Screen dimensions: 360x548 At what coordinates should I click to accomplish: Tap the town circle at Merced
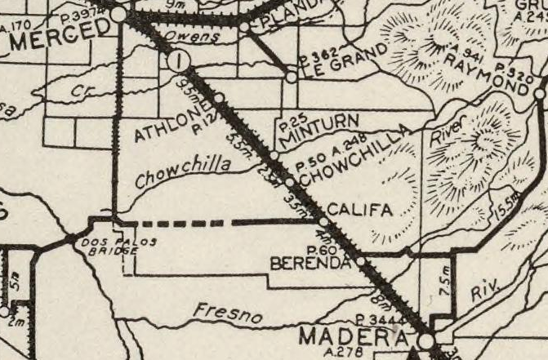point(119,14)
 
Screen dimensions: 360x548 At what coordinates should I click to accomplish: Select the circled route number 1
point(179,60)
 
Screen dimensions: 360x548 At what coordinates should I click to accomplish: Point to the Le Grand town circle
point(292,78)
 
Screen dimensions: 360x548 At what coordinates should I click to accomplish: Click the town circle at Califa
point(323,221)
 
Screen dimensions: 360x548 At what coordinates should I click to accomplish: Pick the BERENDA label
point(310,264)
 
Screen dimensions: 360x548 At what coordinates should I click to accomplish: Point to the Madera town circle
point(425,339)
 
